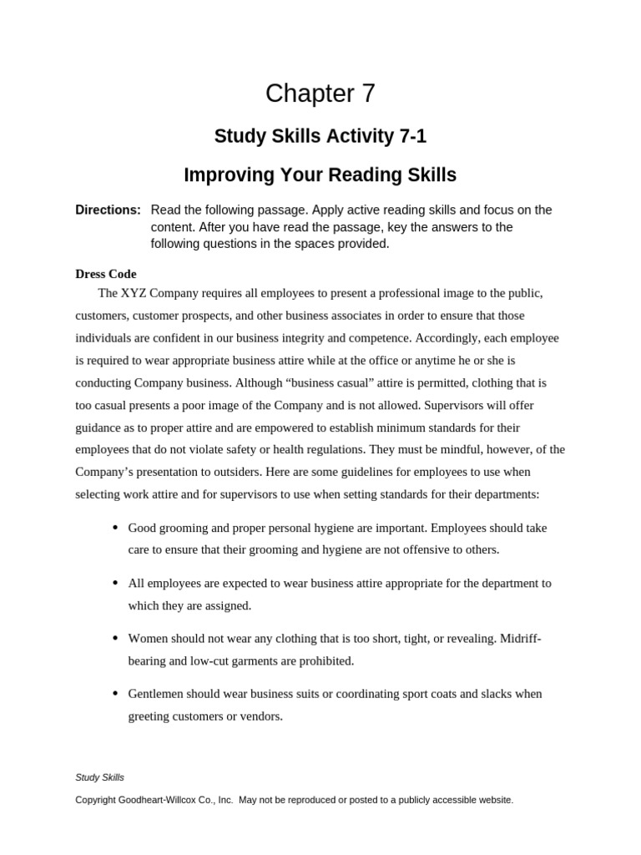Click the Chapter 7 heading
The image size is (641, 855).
320,94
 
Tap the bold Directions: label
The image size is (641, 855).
108,210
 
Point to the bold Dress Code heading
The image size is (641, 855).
106,274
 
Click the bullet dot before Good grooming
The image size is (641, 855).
115,528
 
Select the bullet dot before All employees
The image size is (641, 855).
115,583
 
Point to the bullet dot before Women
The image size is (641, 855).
115,638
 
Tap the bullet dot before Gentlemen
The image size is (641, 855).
115,693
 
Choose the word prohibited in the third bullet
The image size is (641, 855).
326,660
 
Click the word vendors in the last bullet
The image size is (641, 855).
260,716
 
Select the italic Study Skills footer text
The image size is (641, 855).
99,777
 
